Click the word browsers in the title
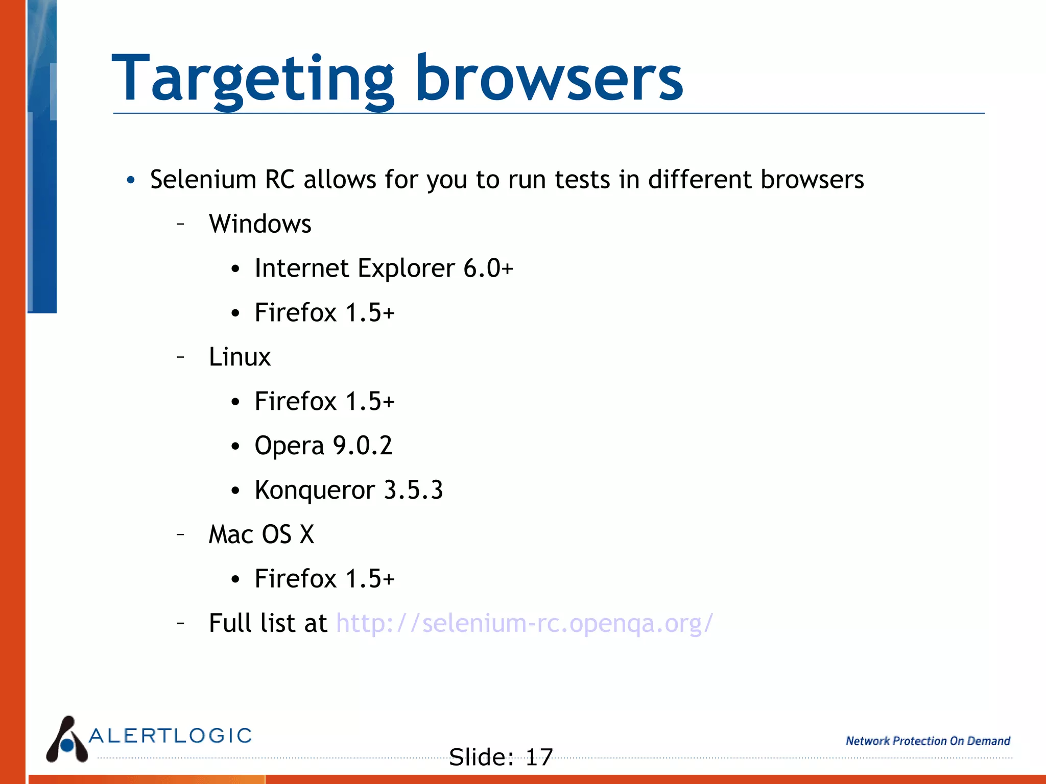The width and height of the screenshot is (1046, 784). (x=549, y=79)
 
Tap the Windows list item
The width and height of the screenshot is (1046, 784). (x=260, y=224)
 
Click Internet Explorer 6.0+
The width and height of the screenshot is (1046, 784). (x=384, y=268)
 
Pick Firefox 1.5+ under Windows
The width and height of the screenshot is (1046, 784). (x=324, y=312)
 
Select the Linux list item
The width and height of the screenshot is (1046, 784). (x=240, y=357)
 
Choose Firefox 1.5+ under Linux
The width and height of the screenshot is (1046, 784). (x=324, y=401)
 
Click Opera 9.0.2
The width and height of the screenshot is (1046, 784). (x=323, y=446)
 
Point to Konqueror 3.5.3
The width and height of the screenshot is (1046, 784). (x=349, y=490)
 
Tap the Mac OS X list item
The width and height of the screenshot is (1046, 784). (x=261, y=534)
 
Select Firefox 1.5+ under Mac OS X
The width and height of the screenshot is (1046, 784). (x=324, y=579)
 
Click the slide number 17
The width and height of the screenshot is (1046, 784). (x=539, y=757)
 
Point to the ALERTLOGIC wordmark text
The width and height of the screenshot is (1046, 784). (x=171, y=736)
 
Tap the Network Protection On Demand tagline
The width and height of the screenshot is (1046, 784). (x=928, y=741)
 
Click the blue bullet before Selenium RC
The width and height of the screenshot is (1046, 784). (x=131, y=180)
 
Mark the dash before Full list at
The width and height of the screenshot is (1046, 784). (x=180, y=623)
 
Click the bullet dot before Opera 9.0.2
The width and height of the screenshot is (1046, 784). (x=235, y=447)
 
